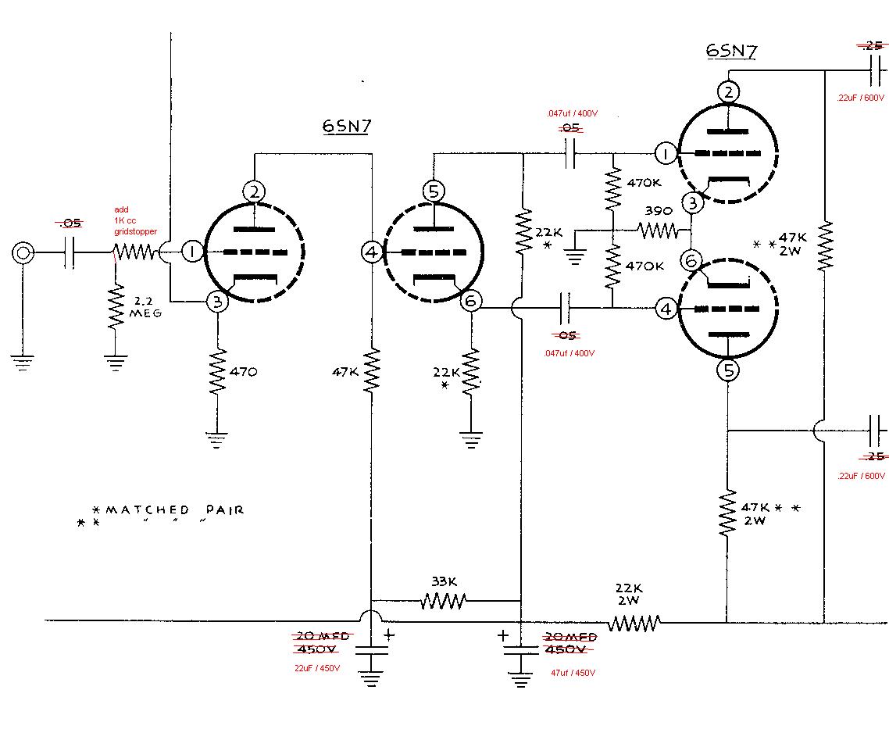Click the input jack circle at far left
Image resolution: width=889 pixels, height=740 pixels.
pyautogui.click(x=23, y=253)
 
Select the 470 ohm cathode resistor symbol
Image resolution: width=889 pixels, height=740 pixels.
pyautogui.click(x=218, y=373)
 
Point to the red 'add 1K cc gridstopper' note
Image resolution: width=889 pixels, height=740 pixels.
pyautogui.click(x=134, y=221)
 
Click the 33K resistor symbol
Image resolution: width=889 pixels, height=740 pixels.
pyautogui.click(x=443, y=601)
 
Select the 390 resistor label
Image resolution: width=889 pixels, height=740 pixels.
pyautogui.click(x=658, y=212)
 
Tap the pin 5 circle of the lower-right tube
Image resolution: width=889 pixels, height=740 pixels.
pyautogui.click(x=727, y=370)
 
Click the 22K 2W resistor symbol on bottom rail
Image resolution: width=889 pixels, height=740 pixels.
pyautogui.click(x=634, y=623)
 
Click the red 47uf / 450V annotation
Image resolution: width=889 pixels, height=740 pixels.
pyautogui.click(x=573, y=672)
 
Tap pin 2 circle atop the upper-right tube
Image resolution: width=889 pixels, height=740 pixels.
pyautogui.click(x=727, y=91)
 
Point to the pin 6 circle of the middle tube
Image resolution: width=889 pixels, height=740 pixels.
pyautogui.click(x=470, y=301)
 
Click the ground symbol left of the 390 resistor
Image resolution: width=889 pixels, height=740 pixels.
pyautogui.click(x=575, y=255)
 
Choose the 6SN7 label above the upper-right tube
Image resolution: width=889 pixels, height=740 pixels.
pyautogui.click(x=730, y=51)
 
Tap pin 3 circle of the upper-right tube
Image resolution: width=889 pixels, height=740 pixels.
pyautogui.click(x=692, y=203)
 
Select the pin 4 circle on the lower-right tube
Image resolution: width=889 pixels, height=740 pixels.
pyautogui.click(x=666, y=309)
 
